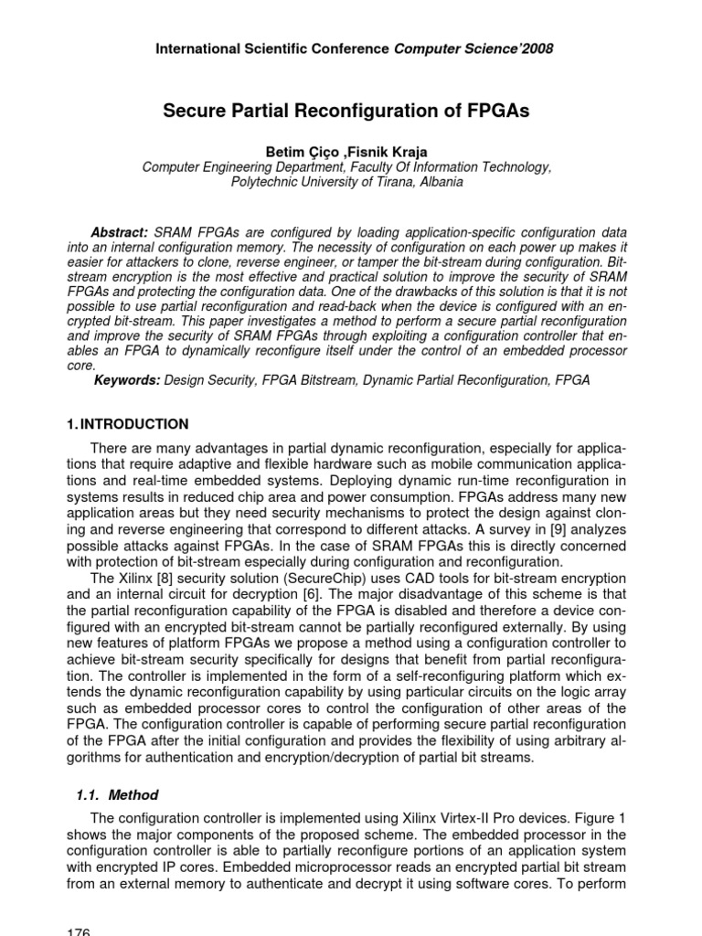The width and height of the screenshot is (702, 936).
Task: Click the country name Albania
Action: pos(440,182)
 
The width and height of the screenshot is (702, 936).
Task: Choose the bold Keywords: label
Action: pos(127,379)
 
